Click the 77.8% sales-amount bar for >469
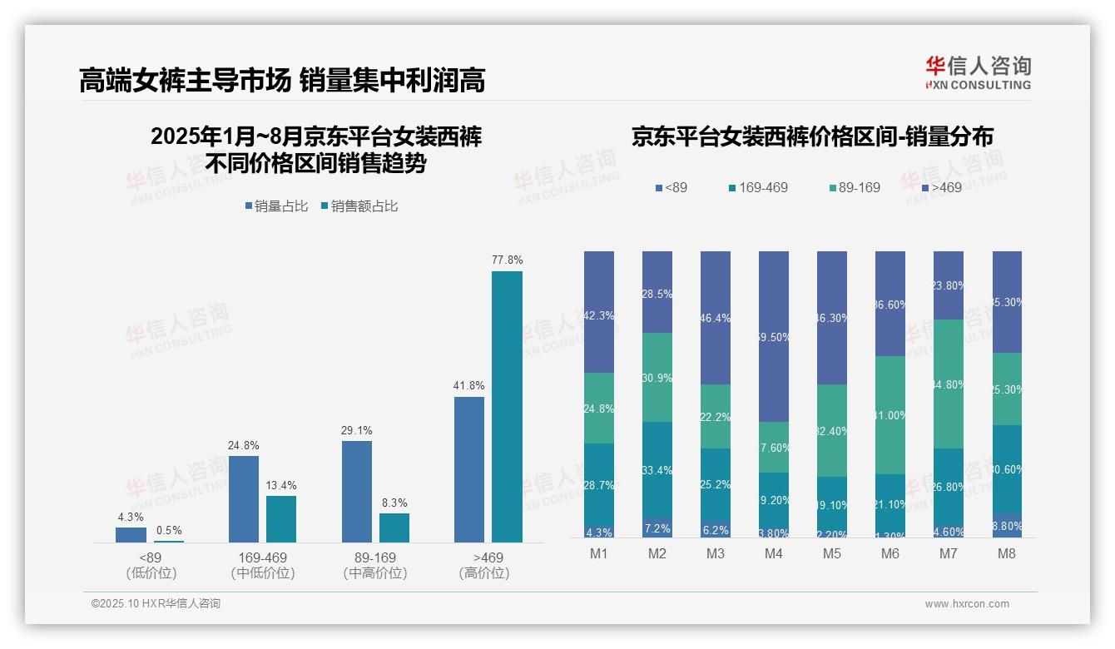coord(507,407)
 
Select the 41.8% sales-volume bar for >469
coord(469,469)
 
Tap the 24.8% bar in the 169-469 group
coord(244,499)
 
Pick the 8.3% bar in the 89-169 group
coord(394,528)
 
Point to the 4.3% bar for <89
coord(131,535)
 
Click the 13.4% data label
coord(281,485)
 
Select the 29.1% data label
coord(357,430)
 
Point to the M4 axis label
coord(773,553)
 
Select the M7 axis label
coord(949,553)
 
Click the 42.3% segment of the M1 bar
coord(599,312)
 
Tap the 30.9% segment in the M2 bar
coord(657,377)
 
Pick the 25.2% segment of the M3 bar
coord(716,485)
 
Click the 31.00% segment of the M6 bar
coord(890,415)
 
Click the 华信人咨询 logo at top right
coord(978,72)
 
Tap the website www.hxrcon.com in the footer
coord(966,604)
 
